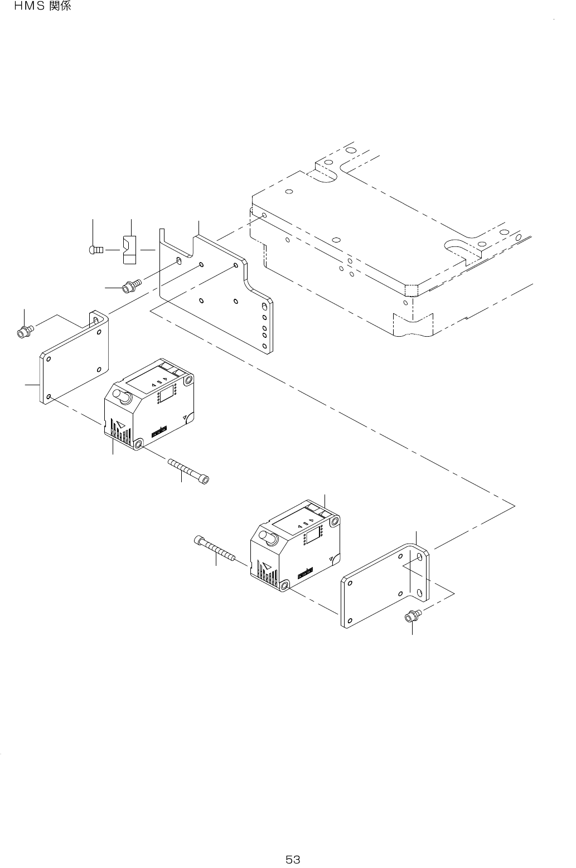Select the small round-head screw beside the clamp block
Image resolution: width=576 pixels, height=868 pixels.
(x=95, y=250)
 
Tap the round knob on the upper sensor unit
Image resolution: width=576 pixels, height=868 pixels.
(x=122, y=396)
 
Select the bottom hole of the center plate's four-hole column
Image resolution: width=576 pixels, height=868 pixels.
(x=265, y=346)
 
